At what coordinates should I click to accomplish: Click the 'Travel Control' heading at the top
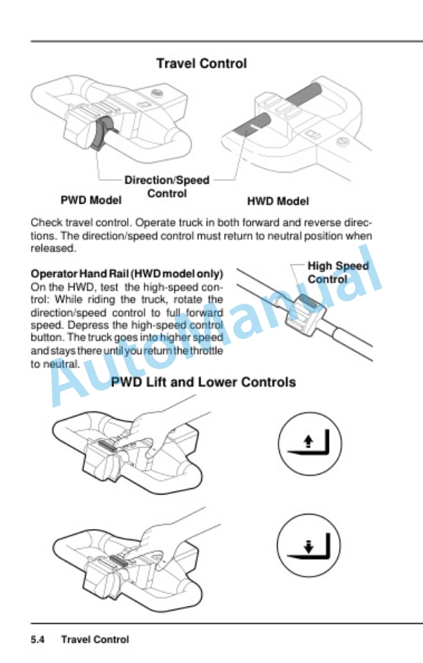click(x=201, y=64)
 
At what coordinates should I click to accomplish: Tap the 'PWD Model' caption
click(x=91, y=200)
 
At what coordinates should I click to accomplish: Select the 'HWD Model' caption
click(x=278, y=201)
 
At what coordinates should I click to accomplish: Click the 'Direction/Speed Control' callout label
click(x=167, y=186)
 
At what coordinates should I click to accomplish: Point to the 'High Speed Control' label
click(x=338, y=272)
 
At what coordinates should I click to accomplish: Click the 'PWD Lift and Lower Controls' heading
click(x=203, y=382)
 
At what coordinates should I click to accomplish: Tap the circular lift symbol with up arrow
click(x=310, y=443)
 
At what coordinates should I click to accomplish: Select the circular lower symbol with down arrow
click(x=309, y=545)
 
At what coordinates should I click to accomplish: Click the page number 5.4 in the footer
click(x=37, y=640)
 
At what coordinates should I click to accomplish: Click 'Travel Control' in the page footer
click(x=95, y=640)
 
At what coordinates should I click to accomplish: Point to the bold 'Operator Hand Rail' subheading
click(x=79, y=274)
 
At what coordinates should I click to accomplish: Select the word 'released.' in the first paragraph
click(x=53, y=249)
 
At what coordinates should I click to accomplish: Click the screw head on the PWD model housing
click(x=158, y=93)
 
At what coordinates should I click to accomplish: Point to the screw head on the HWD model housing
click(x=341, y=141)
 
